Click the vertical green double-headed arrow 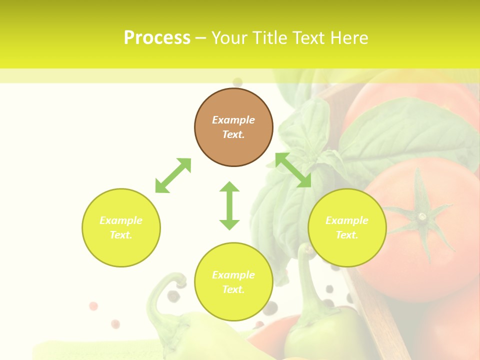229,205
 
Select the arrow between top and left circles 173,175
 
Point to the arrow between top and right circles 293,170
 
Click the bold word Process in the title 157,38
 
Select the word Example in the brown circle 233,120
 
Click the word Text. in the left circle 121,235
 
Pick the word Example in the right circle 347,220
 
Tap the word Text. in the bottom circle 233,289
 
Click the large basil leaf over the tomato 400,130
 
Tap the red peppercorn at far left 93,306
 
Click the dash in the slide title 200,38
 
